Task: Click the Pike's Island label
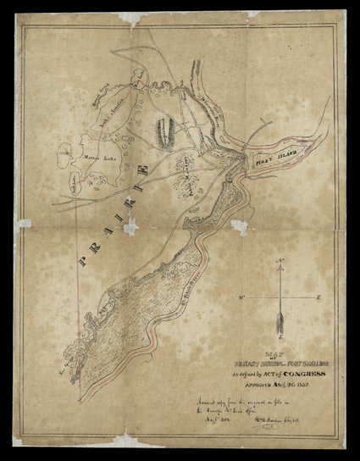point(270,158)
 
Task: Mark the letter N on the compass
point(280,273)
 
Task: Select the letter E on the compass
point(317,297)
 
